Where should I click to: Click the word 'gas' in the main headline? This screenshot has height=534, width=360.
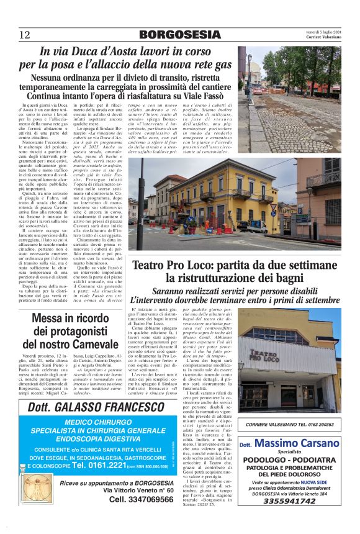tap(220, 64)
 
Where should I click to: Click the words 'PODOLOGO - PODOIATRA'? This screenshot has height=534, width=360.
tap(289, 460)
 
